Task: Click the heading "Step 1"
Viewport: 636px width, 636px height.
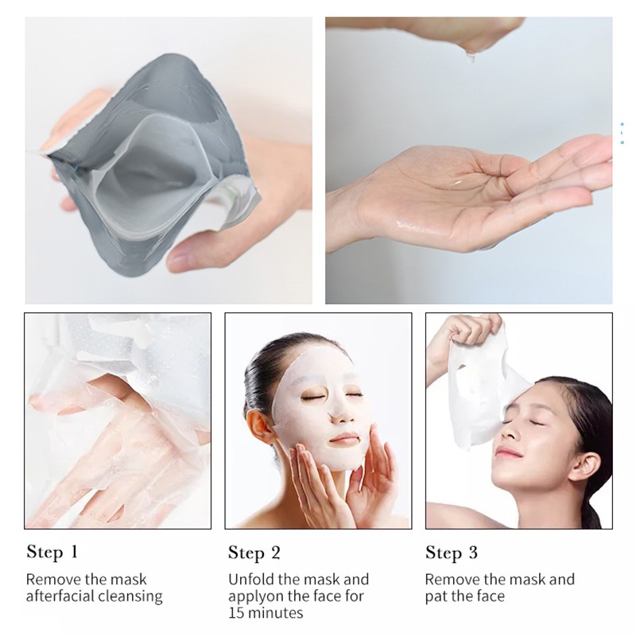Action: (52, 552)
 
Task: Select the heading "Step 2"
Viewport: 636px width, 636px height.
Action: (254, 553)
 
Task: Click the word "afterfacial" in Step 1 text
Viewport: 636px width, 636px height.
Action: (60, 595)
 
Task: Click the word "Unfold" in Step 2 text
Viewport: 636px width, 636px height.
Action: (250, 579)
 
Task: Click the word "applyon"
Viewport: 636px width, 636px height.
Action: (255, 595)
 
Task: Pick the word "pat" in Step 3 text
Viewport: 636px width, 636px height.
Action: (436, 595)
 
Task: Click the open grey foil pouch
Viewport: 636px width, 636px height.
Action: (151, 159)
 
